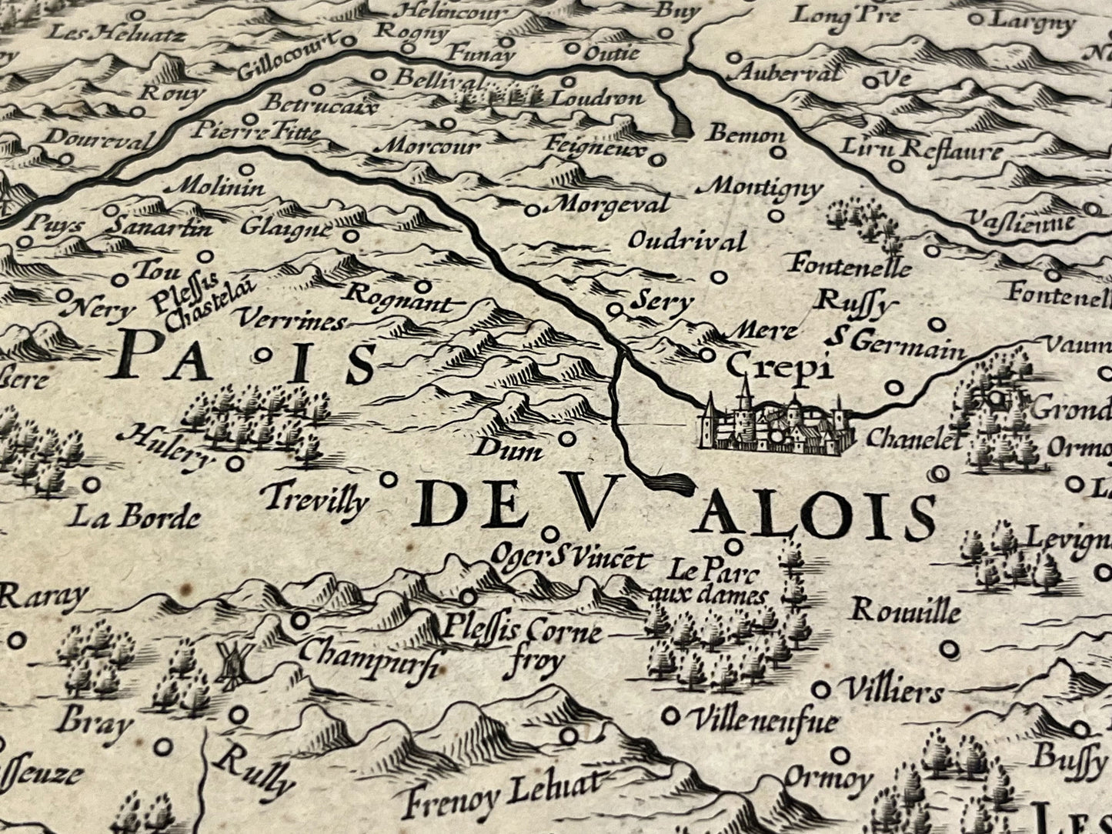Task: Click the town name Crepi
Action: (780, 367)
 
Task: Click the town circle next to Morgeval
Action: (533, 209)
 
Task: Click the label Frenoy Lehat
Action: (500, 792)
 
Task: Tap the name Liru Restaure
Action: (921, 148)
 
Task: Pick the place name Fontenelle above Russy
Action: (849, 266)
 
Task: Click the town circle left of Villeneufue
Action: (672, 716)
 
